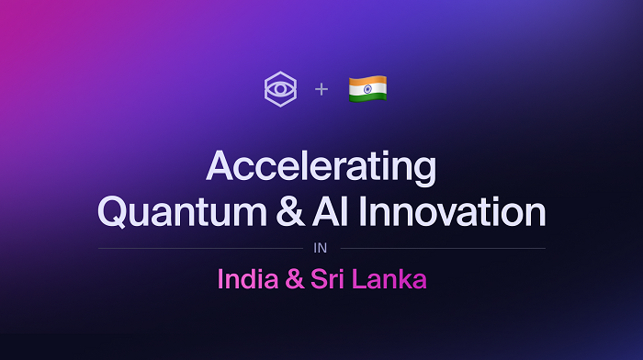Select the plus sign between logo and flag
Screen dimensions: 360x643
321,89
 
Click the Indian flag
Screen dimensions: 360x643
367,89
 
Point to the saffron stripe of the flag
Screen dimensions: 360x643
367,81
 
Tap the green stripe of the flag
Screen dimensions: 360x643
367,97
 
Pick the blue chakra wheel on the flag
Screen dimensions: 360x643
367,89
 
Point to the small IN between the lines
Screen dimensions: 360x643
321,248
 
